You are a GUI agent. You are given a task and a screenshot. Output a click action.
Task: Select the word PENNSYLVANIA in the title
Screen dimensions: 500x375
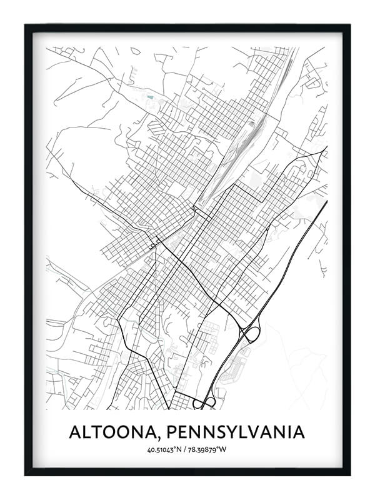236,432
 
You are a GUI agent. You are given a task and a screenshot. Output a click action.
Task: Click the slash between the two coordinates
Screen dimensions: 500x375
187,450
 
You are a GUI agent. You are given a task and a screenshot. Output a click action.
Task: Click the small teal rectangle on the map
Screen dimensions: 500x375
149,97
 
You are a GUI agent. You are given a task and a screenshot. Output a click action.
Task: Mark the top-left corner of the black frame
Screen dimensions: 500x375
27,26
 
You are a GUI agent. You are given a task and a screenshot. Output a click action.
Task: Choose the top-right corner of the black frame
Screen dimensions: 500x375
348,26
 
